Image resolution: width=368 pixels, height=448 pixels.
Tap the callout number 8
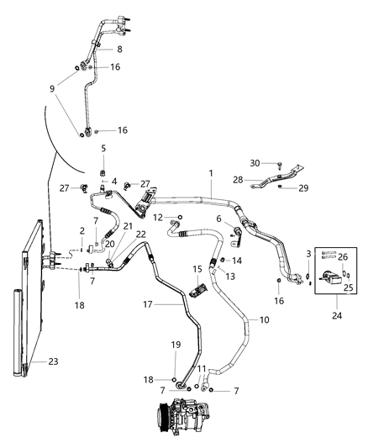(x=119, y=50)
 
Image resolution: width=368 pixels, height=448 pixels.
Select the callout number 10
(x=264, y=320)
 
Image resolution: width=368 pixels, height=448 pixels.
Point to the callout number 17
(x=147, y=305)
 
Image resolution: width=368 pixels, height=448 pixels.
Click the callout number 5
(x=103, y=148)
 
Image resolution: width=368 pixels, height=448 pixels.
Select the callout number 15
(x=196, y=269)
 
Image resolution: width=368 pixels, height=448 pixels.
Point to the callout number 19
(x=176, y=345)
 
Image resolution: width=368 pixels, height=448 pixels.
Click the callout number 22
(x=141, y=235)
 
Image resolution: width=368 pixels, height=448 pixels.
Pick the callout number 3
(x=308, y=253)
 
